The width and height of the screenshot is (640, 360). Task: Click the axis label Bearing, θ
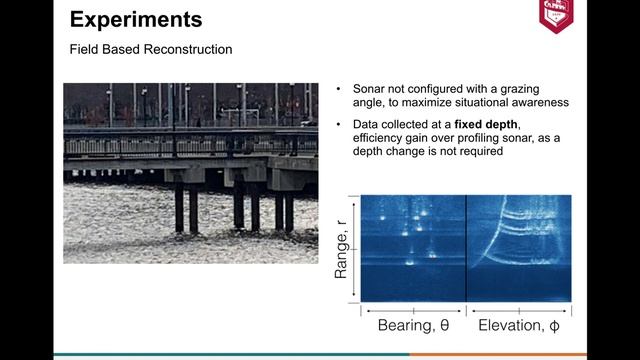(412, 326)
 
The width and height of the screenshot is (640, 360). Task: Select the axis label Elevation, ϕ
(520, 326)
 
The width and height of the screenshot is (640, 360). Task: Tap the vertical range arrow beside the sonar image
(352, 247)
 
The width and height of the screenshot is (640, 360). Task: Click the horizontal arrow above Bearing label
(412, 309)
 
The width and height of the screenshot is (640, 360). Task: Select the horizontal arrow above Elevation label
(519, 309)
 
